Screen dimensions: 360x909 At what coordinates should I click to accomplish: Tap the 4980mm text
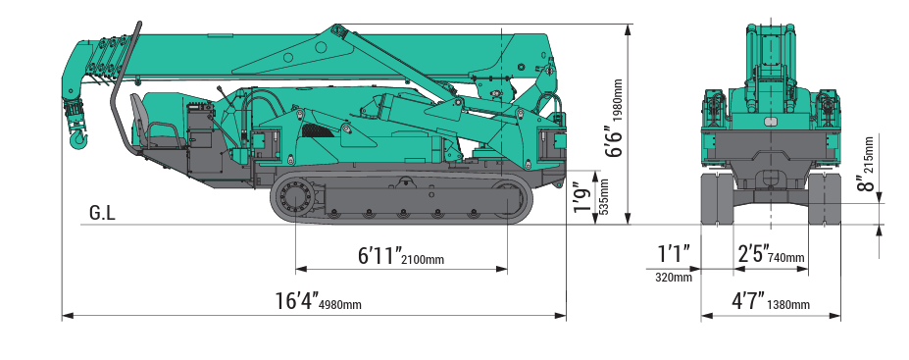[x=340, y=304]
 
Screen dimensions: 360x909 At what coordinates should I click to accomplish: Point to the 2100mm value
[x=423, y=260]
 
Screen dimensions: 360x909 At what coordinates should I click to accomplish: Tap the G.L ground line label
[x=102, y=213]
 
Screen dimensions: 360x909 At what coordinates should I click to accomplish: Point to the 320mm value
[x=674, y=278]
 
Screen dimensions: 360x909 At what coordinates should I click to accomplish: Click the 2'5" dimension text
[x=752, y=253]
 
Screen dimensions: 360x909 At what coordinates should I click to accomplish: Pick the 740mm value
[x=787, y=258]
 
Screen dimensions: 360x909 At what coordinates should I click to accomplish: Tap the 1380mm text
[x=789, y=304]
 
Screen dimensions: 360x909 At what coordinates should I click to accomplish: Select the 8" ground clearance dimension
[x=863, y=183]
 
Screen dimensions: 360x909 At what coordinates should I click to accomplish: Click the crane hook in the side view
[x=76, y=139]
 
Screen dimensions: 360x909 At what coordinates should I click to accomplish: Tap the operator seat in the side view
[x=146, y=126]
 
